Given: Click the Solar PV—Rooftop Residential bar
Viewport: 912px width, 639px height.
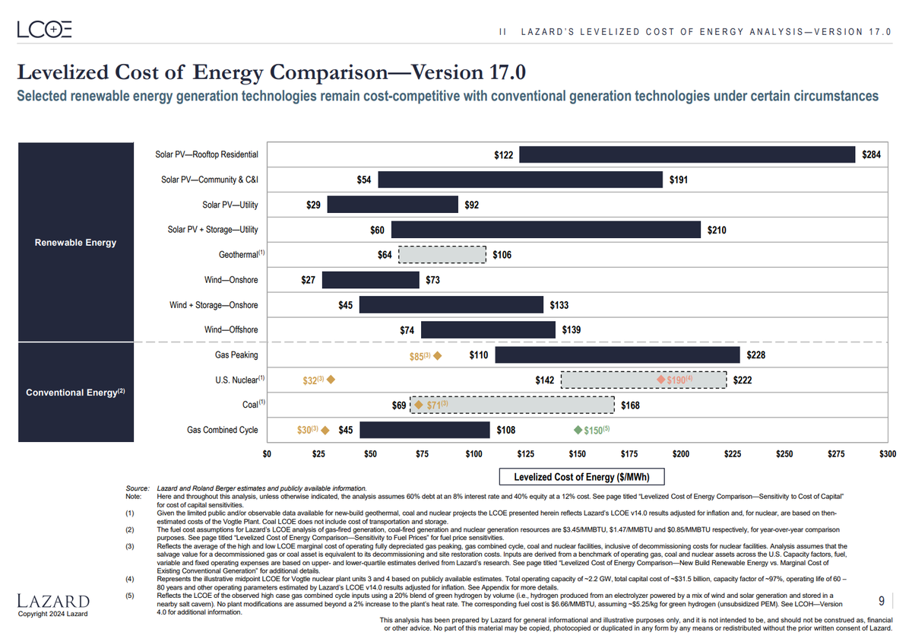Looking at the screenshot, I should (687, 154).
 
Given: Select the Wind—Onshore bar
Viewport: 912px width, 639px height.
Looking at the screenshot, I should (370, 280).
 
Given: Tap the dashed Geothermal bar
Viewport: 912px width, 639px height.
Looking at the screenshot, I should (442, 255).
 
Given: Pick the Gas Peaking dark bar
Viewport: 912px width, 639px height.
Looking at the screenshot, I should (617, 355).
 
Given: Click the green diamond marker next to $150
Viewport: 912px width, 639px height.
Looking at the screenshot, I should (578, 431).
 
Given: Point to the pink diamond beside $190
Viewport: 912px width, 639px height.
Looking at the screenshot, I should (661, 380).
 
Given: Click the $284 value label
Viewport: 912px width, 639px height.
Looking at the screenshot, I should (871, 154).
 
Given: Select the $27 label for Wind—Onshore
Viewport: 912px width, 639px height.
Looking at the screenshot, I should (308, 280).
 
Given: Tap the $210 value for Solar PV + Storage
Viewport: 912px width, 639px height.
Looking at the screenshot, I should (716, 230).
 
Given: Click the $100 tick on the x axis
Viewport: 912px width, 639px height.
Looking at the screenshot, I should (473, 454).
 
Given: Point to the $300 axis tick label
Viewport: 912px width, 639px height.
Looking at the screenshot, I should (886, 454).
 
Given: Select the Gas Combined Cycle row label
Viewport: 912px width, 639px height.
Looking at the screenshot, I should (223, 430).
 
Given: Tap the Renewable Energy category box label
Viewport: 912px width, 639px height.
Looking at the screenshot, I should (76, 243).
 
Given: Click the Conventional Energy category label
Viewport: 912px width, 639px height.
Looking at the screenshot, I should (74, 393).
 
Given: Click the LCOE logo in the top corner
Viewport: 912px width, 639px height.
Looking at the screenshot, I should (45, 30).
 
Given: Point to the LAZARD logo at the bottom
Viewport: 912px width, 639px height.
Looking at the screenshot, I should (53, 601).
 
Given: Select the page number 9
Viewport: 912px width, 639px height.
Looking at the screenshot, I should (881, 601).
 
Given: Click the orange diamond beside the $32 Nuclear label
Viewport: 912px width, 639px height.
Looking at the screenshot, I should (331, 380).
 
